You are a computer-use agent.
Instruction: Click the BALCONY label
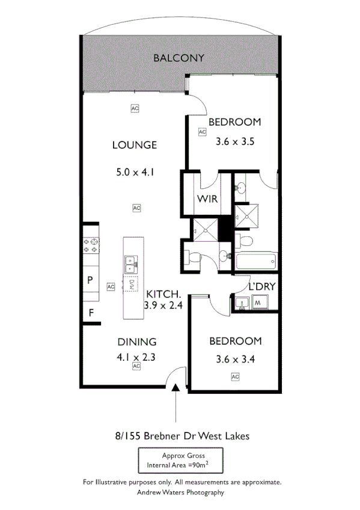click(178, 58)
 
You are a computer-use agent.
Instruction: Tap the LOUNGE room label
click(135, 145)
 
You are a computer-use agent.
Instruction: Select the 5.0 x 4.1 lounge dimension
click(136, 172)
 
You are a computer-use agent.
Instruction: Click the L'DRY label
click(262, 286)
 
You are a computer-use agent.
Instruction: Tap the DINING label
click(136, 341)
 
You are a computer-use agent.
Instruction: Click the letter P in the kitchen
click(90, 280)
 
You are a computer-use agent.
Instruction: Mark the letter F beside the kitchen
click(91, 313)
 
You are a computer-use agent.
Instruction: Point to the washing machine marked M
click(257, 303)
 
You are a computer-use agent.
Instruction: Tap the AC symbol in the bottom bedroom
click(235, 376)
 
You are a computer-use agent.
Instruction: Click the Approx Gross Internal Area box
click(178, 461)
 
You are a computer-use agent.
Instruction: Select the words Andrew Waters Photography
click(181, 492)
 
